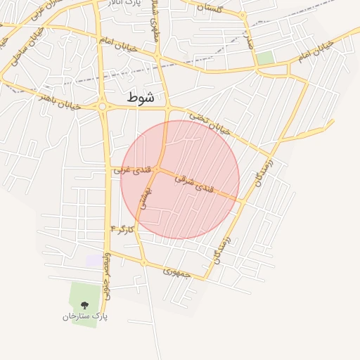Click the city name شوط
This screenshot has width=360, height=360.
(141, 98)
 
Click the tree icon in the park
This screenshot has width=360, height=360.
(84, 305)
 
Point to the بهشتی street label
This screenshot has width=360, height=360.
(143, 199)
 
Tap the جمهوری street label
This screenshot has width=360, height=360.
(176, 270)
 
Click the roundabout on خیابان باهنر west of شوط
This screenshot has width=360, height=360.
(103, 107)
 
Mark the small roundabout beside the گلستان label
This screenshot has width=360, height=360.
(243, 15)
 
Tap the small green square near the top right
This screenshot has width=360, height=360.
(265, 58)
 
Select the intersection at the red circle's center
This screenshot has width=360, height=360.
(160, 169)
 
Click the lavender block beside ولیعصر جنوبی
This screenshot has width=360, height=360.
(94, 260)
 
